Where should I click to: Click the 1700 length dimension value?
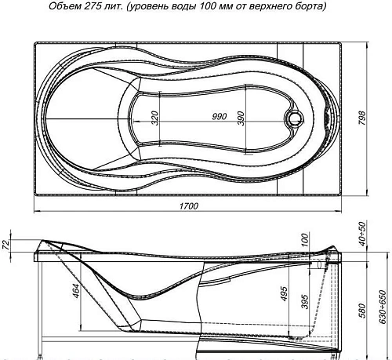point(188,205)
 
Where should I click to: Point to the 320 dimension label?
point(155,118)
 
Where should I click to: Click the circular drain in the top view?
point(296,119)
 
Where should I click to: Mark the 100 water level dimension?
point(304,239)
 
